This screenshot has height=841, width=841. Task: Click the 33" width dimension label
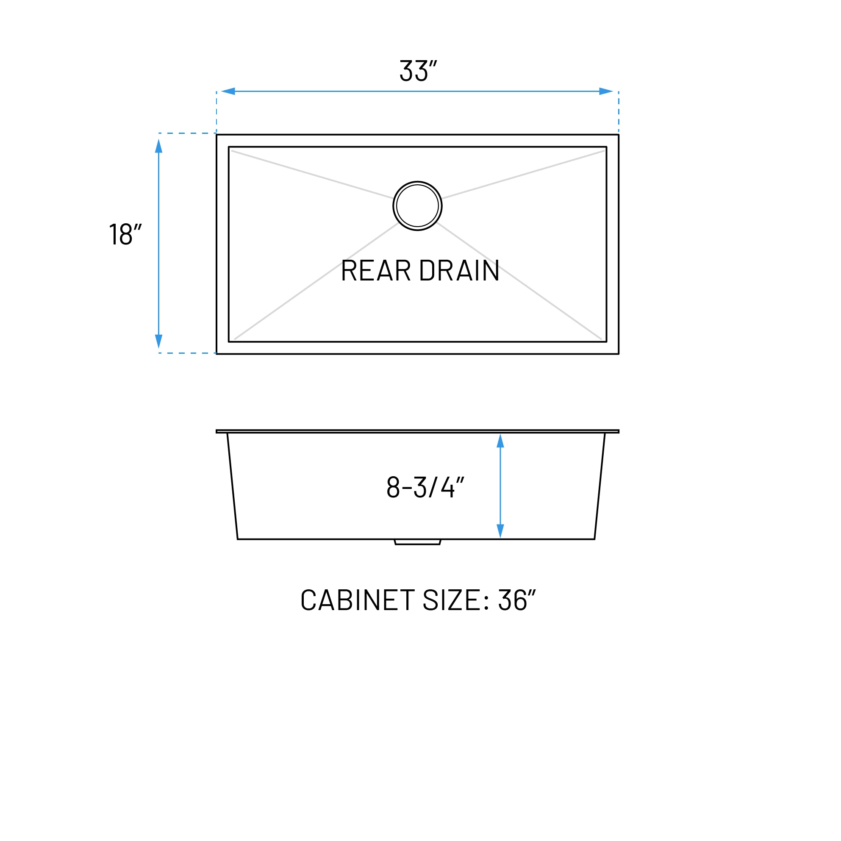[x=418, y=70]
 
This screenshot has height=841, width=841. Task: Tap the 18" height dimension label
[x=125, y=234]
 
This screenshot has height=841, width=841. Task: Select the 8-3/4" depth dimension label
[x=425, y=487]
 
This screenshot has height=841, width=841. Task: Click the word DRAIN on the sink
[x=459, y=270]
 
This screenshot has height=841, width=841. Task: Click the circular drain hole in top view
[x=417, y=206]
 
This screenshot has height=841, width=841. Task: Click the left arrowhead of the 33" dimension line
[x=228, y=92]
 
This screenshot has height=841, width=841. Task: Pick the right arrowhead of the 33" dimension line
[x=606, y=92]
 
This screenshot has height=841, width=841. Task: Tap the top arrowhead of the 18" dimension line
[x=159, y=146]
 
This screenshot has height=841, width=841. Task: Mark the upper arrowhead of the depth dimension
[x=500, y=441]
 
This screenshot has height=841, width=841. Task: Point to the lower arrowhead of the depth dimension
[x=500, y=530]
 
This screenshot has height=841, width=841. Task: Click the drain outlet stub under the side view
[x=417, y=542]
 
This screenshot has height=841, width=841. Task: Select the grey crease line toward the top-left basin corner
[x=311, y=174]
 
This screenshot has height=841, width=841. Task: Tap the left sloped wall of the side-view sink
[x=233, y=486]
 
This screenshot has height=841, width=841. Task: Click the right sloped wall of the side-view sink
[x=600, y=486]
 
